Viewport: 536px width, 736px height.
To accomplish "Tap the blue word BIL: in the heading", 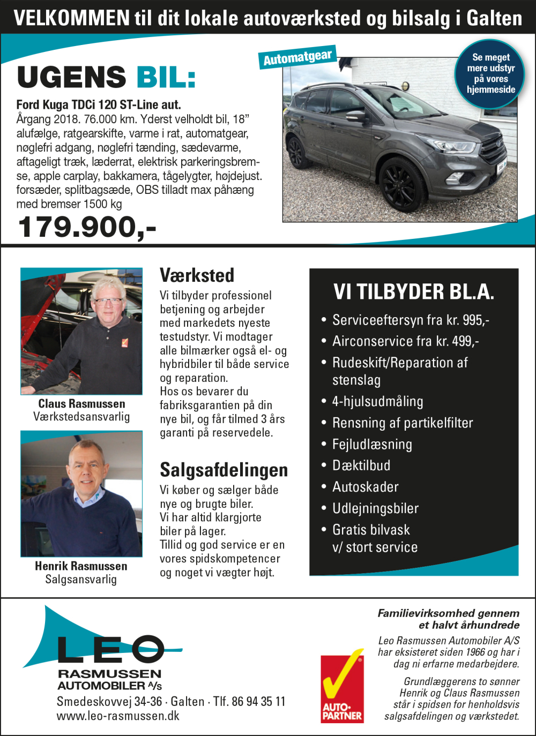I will [166, 78].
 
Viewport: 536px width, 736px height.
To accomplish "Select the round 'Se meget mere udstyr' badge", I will [490, 73].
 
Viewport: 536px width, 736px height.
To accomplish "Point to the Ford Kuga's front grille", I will [492, 147].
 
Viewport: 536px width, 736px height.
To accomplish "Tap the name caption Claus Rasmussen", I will [81, 404].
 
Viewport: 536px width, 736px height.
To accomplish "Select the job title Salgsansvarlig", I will [81, 580].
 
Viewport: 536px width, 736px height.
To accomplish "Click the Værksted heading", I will [197, 275].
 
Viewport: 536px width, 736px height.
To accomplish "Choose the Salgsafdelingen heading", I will [224, 470].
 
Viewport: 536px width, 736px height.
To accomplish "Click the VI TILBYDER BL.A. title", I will [413, 292].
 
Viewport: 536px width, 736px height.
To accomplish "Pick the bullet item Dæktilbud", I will [361, 465].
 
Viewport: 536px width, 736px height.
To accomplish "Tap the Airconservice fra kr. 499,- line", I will [405, 341].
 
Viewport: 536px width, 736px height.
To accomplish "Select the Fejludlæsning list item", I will [372, 444].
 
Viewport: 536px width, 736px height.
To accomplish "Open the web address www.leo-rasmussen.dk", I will [118, 716].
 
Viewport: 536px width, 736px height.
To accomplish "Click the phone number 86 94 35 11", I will [258, 702].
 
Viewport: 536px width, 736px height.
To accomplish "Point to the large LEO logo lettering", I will [110, 649].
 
